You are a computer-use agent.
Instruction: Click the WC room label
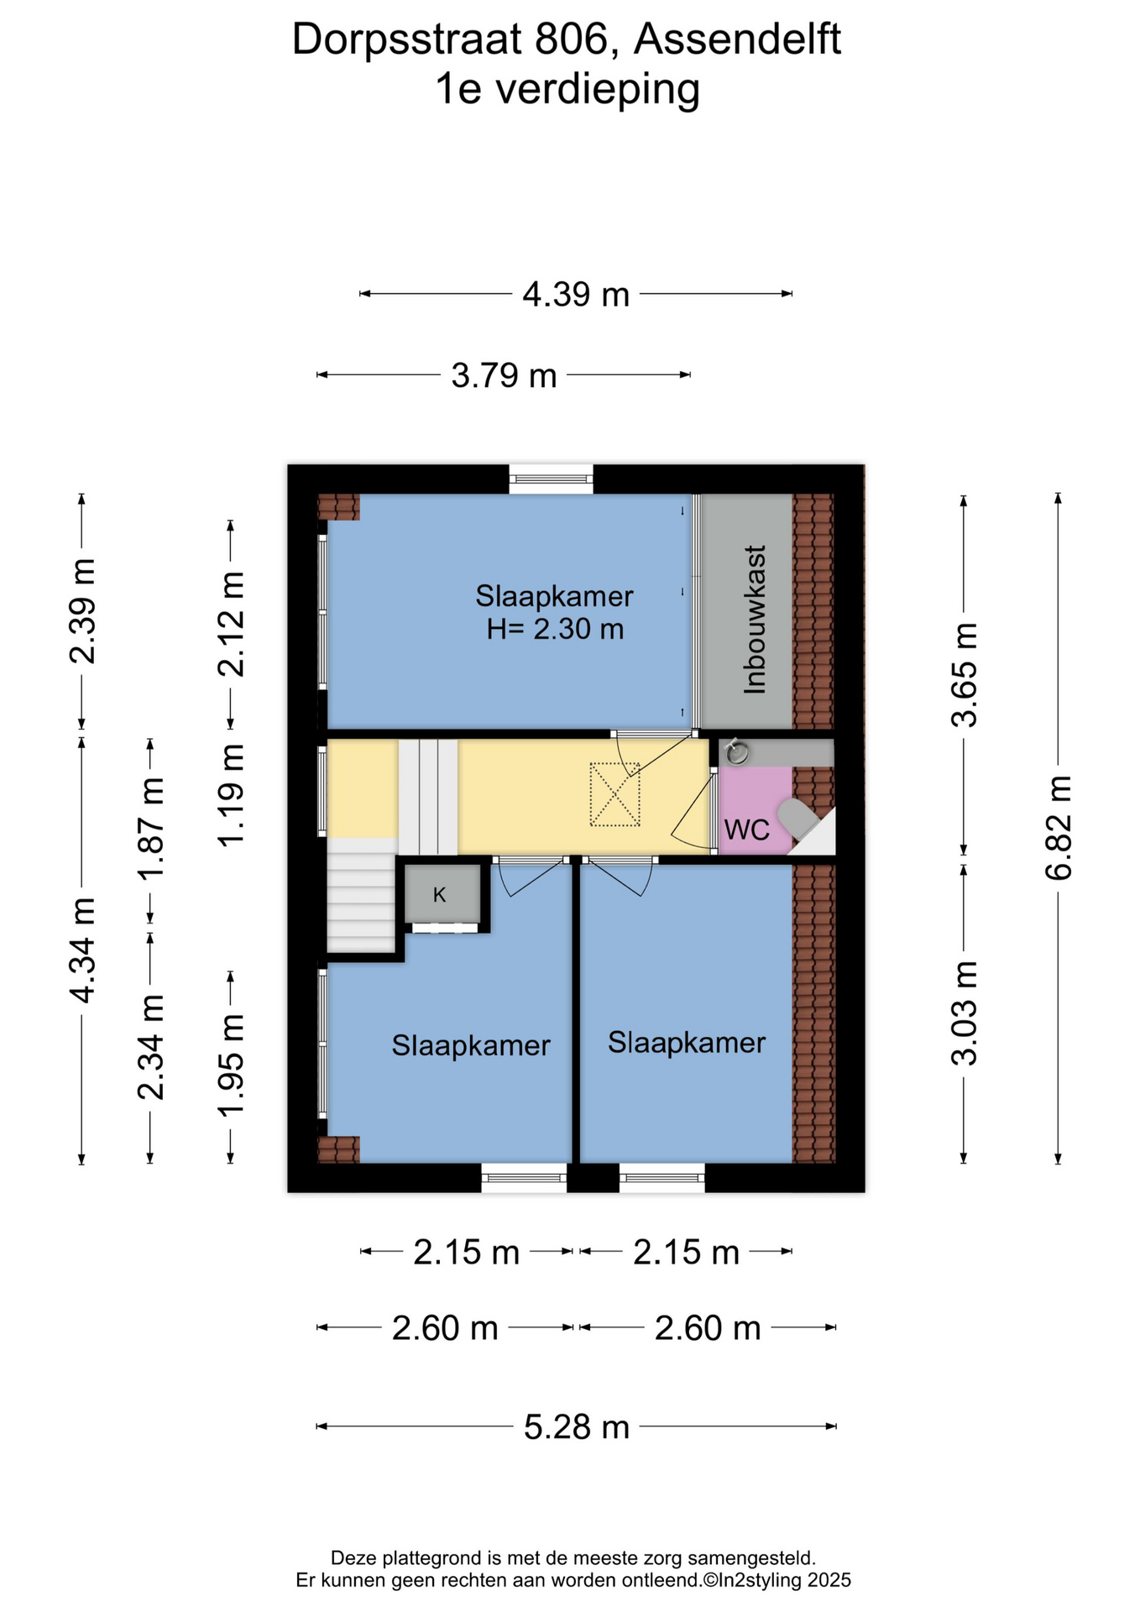coord(746,830)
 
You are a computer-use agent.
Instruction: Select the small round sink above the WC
coord(736,752)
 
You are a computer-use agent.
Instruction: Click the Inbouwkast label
coord(755,620)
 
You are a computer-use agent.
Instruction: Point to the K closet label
coord(439,895)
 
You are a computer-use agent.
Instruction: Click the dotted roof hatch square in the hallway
coord(614,794)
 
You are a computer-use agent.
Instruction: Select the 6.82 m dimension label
coord(1059,828)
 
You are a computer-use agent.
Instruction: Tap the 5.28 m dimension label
coord(577,1426)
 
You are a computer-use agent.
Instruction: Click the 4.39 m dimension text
coord(576,295)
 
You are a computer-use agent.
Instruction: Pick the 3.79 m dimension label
coord(504,375)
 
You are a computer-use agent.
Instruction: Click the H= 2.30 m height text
coord(555,628)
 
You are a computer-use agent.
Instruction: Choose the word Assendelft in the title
coord(737,39)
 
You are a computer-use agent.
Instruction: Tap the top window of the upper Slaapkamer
coord(551,479)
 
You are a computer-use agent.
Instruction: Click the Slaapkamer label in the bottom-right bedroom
coord(687,1043)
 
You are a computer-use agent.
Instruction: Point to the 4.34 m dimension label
coord(82,950)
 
